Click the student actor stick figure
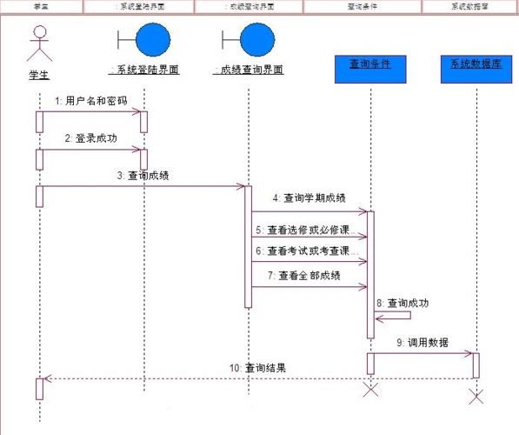coord(37,43)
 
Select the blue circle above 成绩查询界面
coord(256,41)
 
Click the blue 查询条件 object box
coord(370,69)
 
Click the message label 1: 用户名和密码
coord(90,101)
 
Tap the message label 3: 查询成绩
coord(143,175)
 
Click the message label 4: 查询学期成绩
coord(309,198)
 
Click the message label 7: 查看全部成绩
coord(305,276)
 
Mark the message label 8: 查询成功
coord(403,303)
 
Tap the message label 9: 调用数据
coord(423,342)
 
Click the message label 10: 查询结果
coord(257,367)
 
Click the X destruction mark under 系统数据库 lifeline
coord(476,397)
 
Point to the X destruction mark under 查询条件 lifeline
coord(370,389)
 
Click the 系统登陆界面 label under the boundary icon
coord(143,70)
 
